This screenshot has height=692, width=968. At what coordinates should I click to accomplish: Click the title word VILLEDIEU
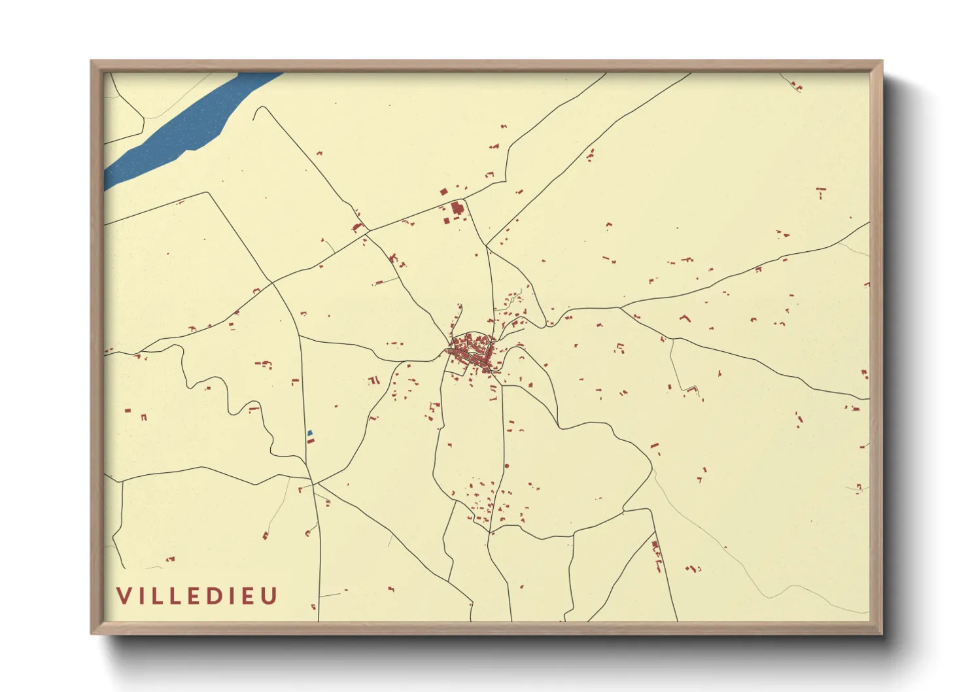[198, 596]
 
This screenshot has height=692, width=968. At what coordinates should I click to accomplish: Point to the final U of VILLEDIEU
[270, 596]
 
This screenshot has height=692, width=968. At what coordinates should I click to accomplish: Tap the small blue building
[310, 432]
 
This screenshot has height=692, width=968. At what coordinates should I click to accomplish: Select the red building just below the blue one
[311, 440]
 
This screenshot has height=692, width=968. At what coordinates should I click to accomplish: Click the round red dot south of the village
[506, 466]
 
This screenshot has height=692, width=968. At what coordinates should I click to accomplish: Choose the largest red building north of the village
[457, 209]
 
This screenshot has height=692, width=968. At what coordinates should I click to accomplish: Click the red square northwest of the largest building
[444, 192]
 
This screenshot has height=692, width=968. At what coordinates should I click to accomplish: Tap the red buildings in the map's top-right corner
[796, 86]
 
